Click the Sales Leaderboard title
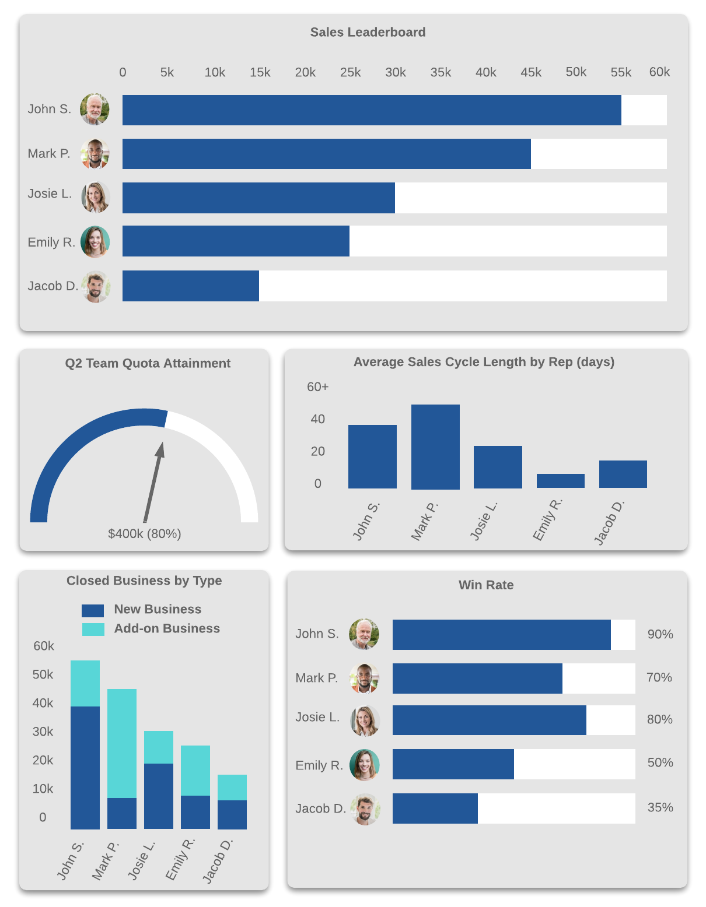pyautogui.click(x=368, y=32)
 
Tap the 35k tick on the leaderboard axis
pyautogui.click(x=441, y=72)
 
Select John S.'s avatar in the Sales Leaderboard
pyautogui.click(x=95, y=109)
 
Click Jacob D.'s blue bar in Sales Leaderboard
pyautogui.click(x=190, y=286)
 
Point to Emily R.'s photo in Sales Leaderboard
pyautogui.click(x=95, y=242)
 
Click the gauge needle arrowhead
pyautogui.click(x=160, y=449)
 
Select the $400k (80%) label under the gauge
pyautogui.click(x=145, y=533)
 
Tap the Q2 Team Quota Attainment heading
pyautogui.click(x=148, y=363)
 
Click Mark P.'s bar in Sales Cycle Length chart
pyautogui.click(x=435, y=447)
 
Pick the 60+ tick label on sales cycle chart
pyautogui.click(x=317, y=387)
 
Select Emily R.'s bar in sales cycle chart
pyautogui.click(x=560, y=480)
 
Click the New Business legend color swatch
pyautogui.click(x=93, y=610)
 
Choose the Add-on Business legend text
pyautogui.click(x=167, y=628)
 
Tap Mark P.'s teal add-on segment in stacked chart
pyautogui.click(x=122, y=743)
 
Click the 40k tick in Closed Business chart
pyautogui.click(x=43, y=703)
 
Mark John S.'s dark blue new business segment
pyautogui.click(x=85, y=767)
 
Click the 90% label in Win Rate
pyautogui.click(x=660, y=634)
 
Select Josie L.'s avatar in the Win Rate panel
pyautogui.click(x=365, y=721)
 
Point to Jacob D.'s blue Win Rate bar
pyautogui.click(x=435, y=808)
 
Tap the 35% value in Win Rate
pyautogui.click(x=660, y=807)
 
